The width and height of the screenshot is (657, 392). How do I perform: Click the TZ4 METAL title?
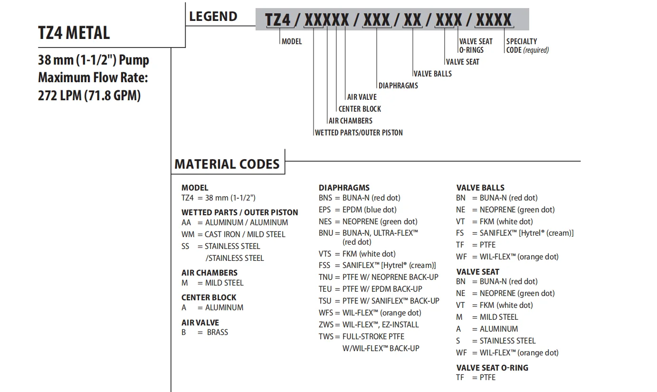tap(74, 33)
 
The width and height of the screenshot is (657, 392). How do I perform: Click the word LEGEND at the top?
tap(213, 17)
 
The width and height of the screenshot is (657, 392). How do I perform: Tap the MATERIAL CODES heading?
tap(227, 164)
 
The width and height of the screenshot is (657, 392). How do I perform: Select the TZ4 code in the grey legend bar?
tap(277, 20)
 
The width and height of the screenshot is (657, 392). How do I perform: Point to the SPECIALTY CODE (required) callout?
tap(527, 46)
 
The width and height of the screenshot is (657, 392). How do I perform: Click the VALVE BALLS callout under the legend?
tap(432, 74)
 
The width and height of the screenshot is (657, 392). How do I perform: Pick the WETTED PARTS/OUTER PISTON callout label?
tap(359, 133)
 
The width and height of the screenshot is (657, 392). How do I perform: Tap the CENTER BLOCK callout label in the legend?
tap(360, 109)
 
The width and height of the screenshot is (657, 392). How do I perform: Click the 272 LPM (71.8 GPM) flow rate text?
tap(89, 96)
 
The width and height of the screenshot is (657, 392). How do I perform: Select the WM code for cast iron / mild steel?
tap(187, 234)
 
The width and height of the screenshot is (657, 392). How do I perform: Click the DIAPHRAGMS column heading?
tap(344, 188)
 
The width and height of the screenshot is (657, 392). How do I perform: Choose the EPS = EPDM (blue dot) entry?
tap(357, 210)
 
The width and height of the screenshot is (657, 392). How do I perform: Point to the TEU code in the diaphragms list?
tap(325, 289)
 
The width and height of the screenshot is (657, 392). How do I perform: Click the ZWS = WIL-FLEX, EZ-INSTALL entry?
tap(369, 325)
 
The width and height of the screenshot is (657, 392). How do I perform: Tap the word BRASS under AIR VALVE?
tap(218, 332)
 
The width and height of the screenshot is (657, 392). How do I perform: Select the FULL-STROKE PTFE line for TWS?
tap(373, 336)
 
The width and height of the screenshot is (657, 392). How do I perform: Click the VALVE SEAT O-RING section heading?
tap(492, 368)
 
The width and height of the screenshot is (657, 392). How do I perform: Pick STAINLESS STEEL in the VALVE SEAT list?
tap(507, 341)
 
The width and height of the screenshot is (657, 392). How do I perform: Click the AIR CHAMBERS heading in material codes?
tap(209, 273)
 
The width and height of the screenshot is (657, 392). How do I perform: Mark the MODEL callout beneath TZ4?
tap(292, 41)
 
